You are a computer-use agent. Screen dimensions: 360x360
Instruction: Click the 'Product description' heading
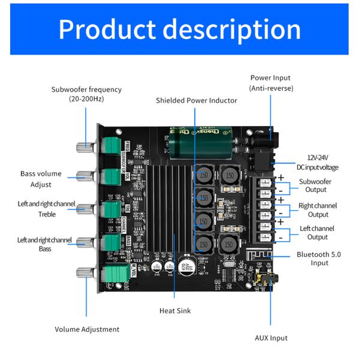pos(180,28)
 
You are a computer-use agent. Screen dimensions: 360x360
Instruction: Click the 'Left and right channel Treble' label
pos(38,208)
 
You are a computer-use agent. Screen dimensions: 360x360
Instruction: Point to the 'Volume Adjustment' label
pos(87,329)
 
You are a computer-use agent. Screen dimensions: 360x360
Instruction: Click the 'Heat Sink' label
pos(175,310)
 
